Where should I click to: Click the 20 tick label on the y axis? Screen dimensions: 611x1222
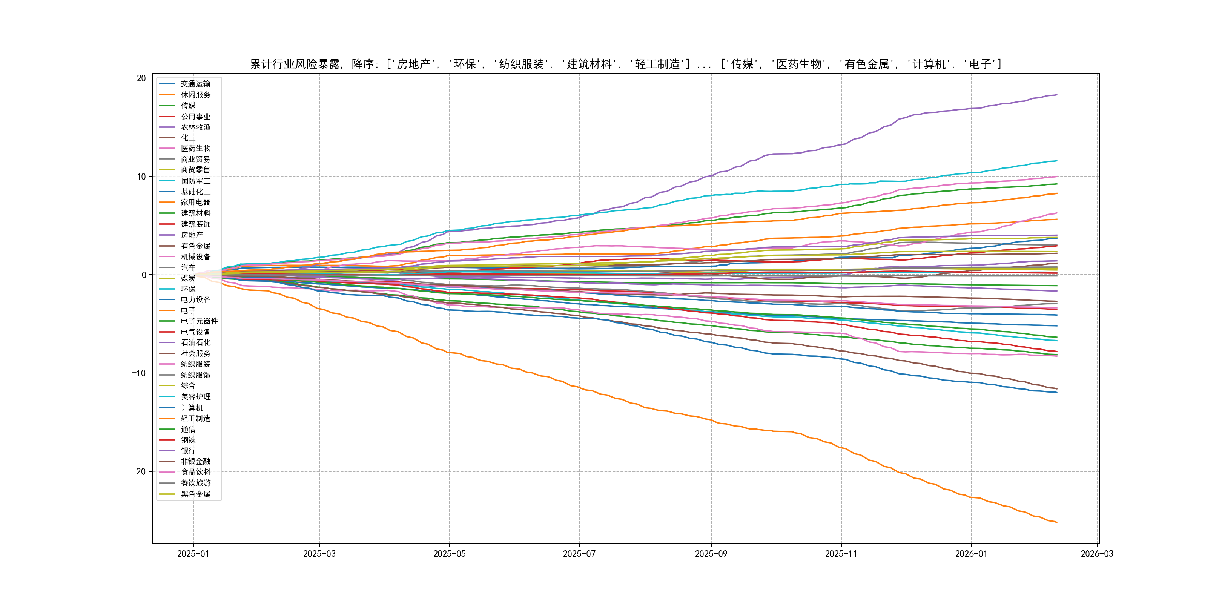click(x=141, y=78)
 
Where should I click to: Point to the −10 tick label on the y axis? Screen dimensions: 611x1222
click(x=138, y=373)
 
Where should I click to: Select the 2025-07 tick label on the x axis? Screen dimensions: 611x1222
click(x=579, y=554)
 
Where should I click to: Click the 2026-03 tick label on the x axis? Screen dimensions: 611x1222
click(x=1097, y=554)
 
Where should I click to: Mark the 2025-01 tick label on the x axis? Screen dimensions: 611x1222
click(x=193, y=554)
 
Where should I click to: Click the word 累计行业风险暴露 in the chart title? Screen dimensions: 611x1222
click(x=295, y=64)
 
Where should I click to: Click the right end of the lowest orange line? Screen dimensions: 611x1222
click(x=1057, y=522)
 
